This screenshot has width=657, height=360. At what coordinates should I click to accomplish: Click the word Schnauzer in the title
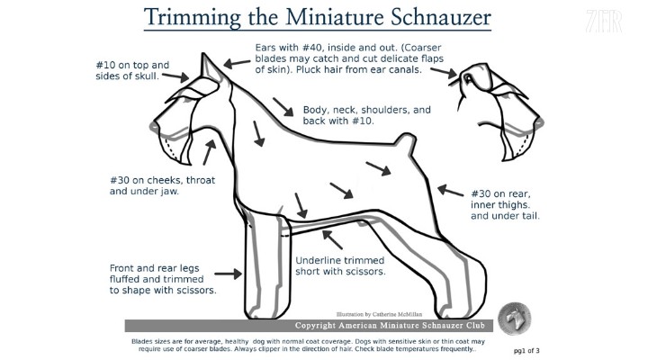click(x=441, y=18)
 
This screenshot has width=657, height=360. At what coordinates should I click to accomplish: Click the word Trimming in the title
click(x=193, y=19)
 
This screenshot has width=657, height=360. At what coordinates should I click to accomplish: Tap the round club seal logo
click(x=515, y=319)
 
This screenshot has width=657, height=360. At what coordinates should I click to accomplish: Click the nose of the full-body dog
click(x=154, y=126)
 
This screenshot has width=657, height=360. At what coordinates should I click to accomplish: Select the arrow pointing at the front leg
click(x=229, y=274)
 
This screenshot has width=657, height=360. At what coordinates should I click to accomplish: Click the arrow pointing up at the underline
click(x=332, y=239)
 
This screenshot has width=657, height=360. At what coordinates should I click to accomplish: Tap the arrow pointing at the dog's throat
click(x=209, y=152)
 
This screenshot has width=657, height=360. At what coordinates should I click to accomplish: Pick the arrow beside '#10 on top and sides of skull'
click(x=175, y=76)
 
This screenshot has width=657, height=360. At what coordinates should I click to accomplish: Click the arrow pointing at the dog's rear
click(x=450, y=190)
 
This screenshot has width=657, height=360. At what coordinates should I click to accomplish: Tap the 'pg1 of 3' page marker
click(x=526, y=351)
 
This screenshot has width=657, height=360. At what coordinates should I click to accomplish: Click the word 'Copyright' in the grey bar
click(x=316, y=325)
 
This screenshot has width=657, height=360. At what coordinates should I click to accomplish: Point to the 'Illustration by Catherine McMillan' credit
click(x=379, y=314)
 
